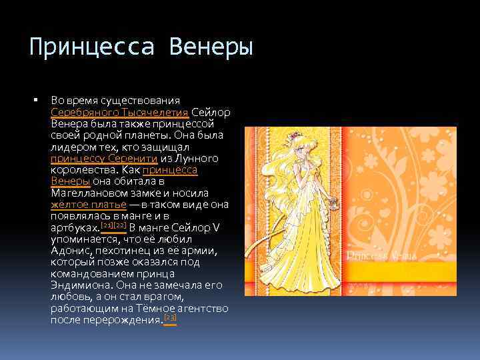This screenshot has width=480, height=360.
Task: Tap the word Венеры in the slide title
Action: [x=211, y=48]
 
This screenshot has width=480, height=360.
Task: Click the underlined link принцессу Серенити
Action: [x=104, y=159]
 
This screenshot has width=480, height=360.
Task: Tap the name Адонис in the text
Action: [x=71, y=251]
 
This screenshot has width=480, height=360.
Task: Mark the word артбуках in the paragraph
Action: [x=74, y=228]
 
